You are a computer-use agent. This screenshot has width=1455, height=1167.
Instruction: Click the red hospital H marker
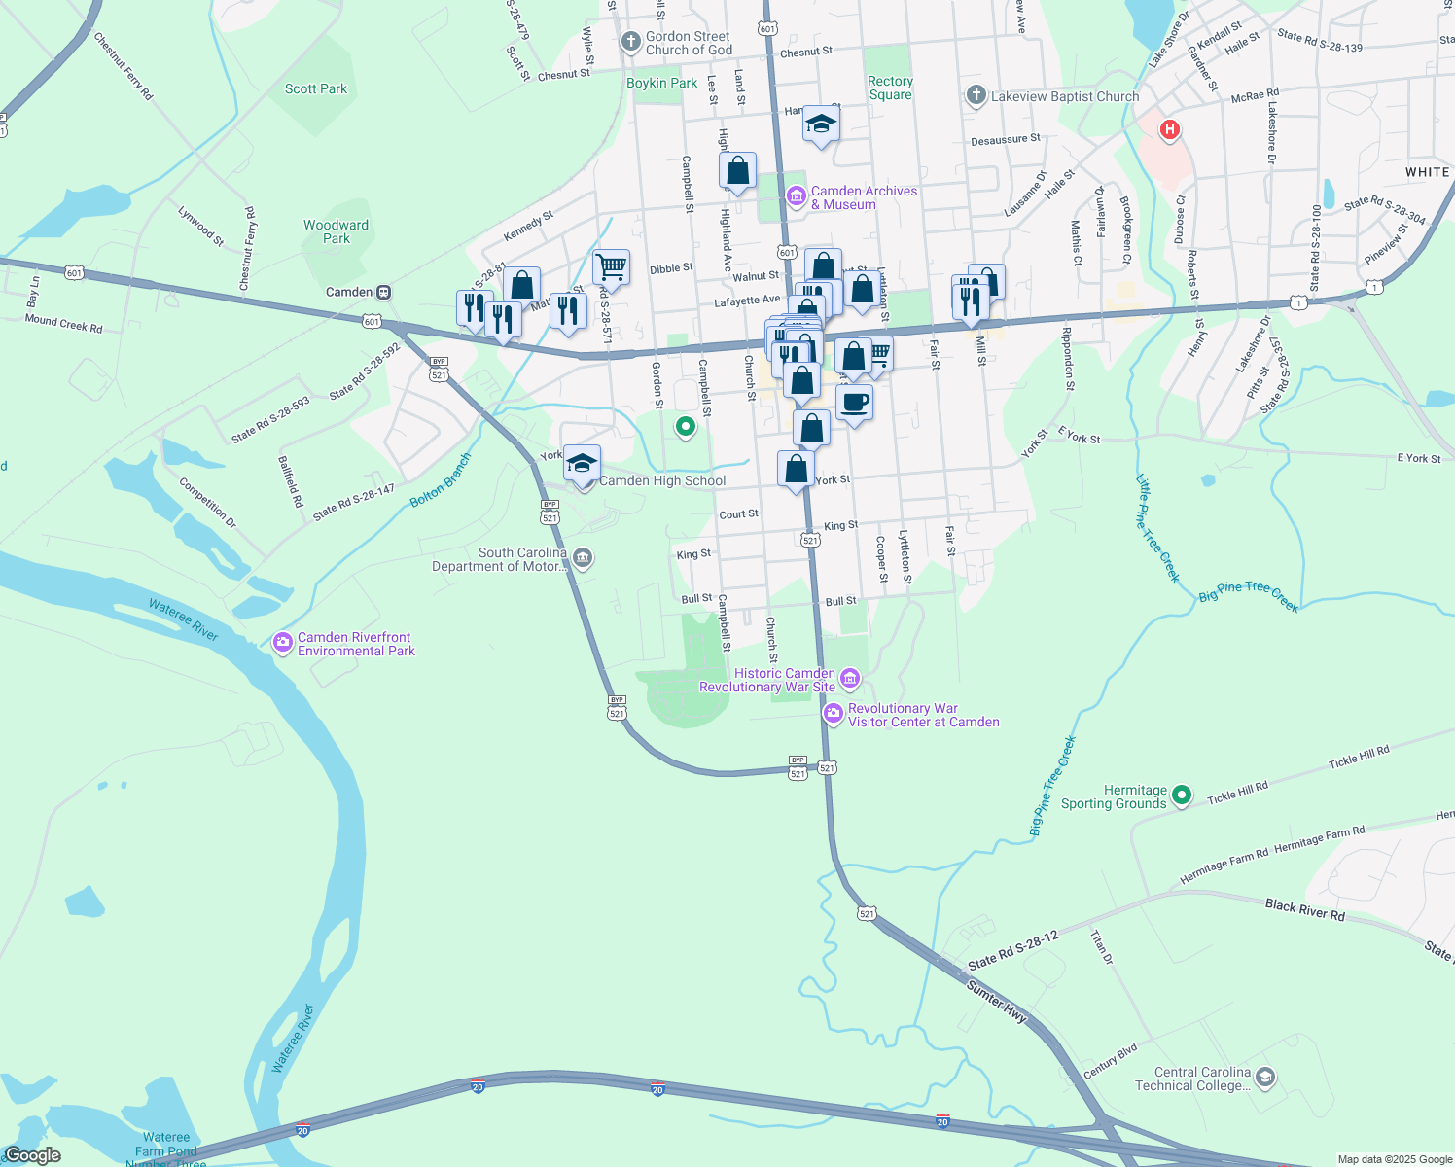pyautogui.click(x=1170, y=129)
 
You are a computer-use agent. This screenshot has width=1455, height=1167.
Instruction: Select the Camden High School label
pyautogui.click(x=662, y=480)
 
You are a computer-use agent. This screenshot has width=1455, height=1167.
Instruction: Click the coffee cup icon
pyautogui.click(x=854, y=402)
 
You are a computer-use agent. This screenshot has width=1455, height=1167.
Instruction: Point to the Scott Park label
pyautogui.click(x=316, y=88)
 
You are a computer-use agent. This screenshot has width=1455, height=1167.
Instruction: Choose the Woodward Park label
pyautogui.click(x=336, y=231)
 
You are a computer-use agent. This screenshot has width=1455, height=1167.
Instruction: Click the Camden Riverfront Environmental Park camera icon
pyautogui.click(x=283, y=643)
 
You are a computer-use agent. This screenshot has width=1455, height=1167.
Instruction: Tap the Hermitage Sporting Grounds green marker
pyautogui.click(x=1182, y=796)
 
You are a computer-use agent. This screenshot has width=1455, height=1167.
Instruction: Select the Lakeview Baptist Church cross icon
pyautogui.click(x=976, y=95)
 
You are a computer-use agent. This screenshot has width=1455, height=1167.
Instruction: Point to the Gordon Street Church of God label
pyautogui.click(x=689, y=43)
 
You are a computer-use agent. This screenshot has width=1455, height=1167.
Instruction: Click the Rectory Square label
pyautogui.click(x=890, y=88)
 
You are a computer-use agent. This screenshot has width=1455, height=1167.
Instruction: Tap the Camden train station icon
pyautogui.click(x=384, y=292)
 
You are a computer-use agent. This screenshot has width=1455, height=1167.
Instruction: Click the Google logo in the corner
pyautogui.click(x=32, y=1155)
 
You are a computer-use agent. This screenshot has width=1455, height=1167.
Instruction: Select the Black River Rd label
pyautogui.click(x=1304, y=910)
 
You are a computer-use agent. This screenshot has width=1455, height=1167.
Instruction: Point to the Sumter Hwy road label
pyautogui.click(x=997, y=1002)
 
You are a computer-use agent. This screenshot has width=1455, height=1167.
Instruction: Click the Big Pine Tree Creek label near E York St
pyautogui.click(x=1249, y=596)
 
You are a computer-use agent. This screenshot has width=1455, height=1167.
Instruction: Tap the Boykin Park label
pyautogui.click(x=661, y=83)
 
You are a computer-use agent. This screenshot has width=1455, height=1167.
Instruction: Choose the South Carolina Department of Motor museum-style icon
pyautogui.click(x=583, y=558)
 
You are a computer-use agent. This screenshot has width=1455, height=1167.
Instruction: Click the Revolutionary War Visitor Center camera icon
pyautogui.click(x=833, y=715)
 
